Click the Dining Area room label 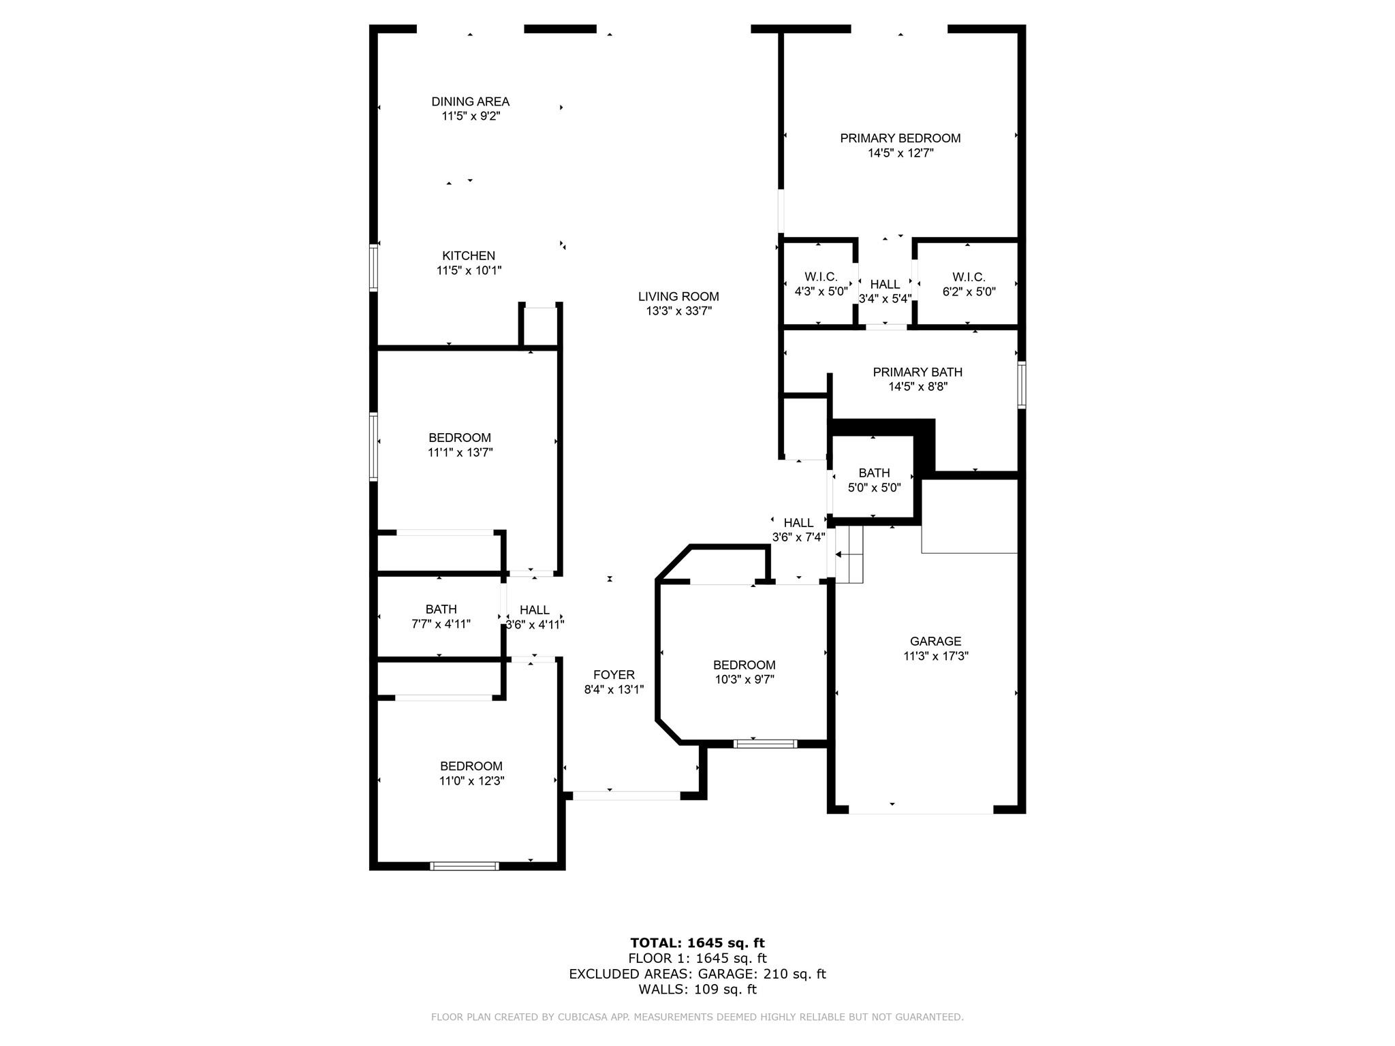tap(470, 101)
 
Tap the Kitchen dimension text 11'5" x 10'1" tap(469, 270)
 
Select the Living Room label tap(678, 296)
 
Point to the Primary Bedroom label tap(900, 138)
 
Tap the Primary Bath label tap(918, 372)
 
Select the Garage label tap(935, 641)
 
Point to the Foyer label tap(614, 674)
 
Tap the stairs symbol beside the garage tap(849, 554)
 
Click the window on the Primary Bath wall tap(1022, 385)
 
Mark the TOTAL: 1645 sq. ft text tap(697, 942)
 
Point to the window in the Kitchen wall tap(373, 268)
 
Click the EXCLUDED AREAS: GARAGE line tap(697, 974)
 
